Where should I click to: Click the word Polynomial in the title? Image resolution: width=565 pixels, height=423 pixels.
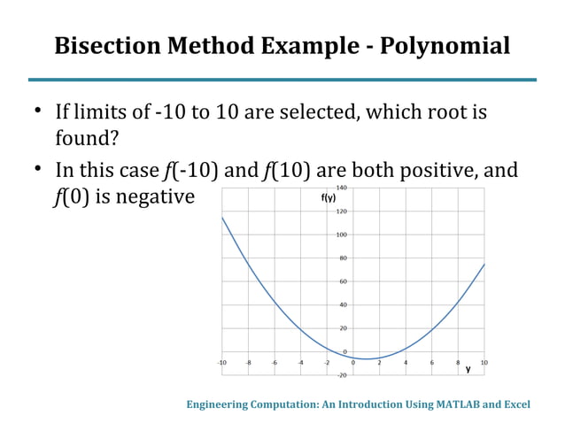(445, 46)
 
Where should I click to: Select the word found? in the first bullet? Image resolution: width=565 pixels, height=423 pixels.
(87, 139)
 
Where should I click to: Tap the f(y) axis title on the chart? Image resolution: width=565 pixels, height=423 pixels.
(329, 198)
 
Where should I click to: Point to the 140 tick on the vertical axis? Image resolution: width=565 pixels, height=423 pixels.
(341, 188)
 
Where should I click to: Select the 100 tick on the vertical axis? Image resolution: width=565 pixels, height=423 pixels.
(341, 235)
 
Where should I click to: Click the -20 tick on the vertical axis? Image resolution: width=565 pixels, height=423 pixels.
(341, 375)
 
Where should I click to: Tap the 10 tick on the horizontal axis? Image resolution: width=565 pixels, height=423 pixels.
(484, 363)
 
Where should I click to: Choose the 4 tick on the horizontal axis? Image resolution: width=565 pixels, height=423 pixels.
(406, 363)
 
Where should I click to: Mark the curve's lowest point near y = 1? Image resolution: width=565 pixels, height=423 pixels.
(367, 358)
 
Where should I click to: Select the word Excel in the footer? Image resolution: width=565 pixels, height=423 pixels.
(516, 404)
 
